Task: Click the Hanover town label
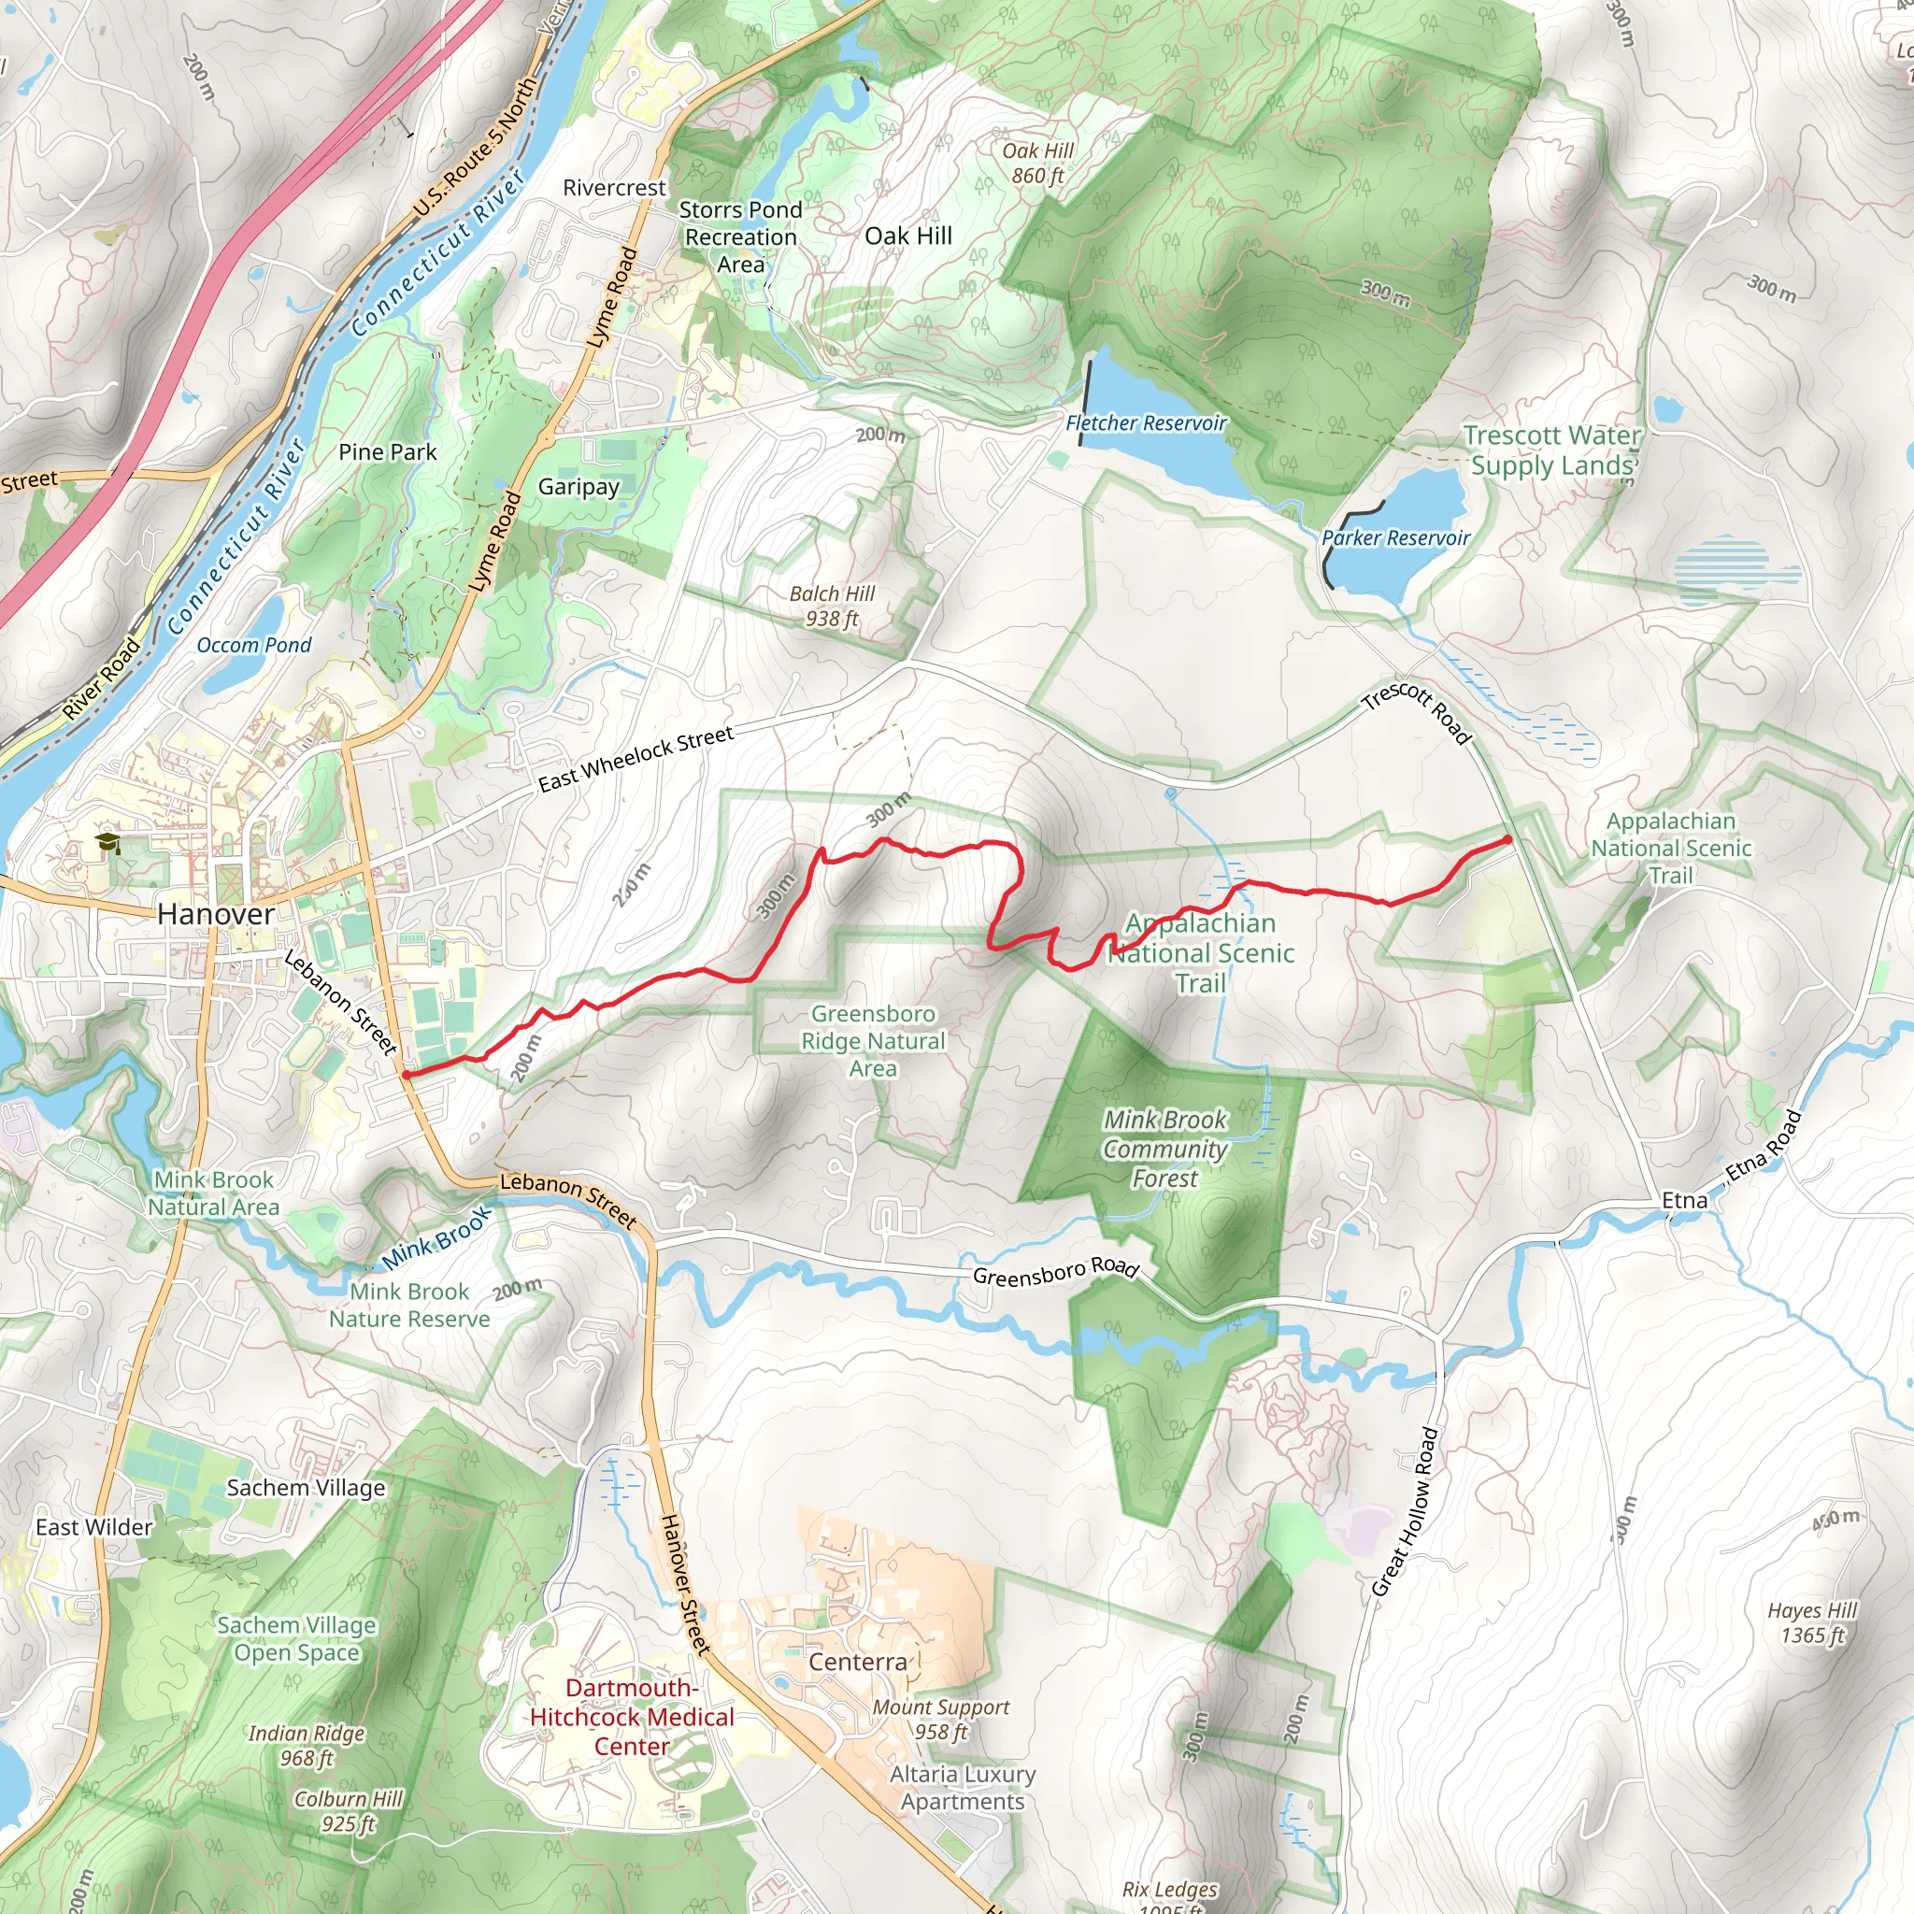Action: [216, 913]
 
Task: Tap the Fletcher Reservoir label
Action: [1146, 423]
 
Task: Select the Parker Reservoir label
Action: [1396, 538]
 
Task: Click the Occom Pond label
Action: [253, 645]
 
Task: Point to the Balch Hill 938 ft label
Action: [832, 607]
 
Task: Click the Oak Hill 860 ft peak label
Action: [1037, 164]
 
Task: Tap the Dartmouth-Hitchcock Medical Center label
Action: [632, 1717]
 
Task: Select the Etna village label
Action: [1684, 1201]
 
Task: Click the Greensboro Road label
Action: [1055, 1272]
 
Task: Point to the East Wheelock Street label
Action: [636, 759]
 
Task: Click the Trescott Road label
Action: [1417, 712]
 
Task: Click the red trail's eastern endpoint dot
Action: [1507, 839]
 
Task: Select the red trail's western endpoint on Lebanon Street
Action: [407, 1074]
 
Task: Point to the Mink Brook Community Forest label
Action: [1165, 1150]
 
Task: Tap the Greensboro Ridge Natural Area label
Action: [873, 1040]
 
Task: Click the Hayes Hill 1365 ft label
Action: [1812, 1622]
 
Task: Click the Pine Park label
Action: [387, 451]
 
